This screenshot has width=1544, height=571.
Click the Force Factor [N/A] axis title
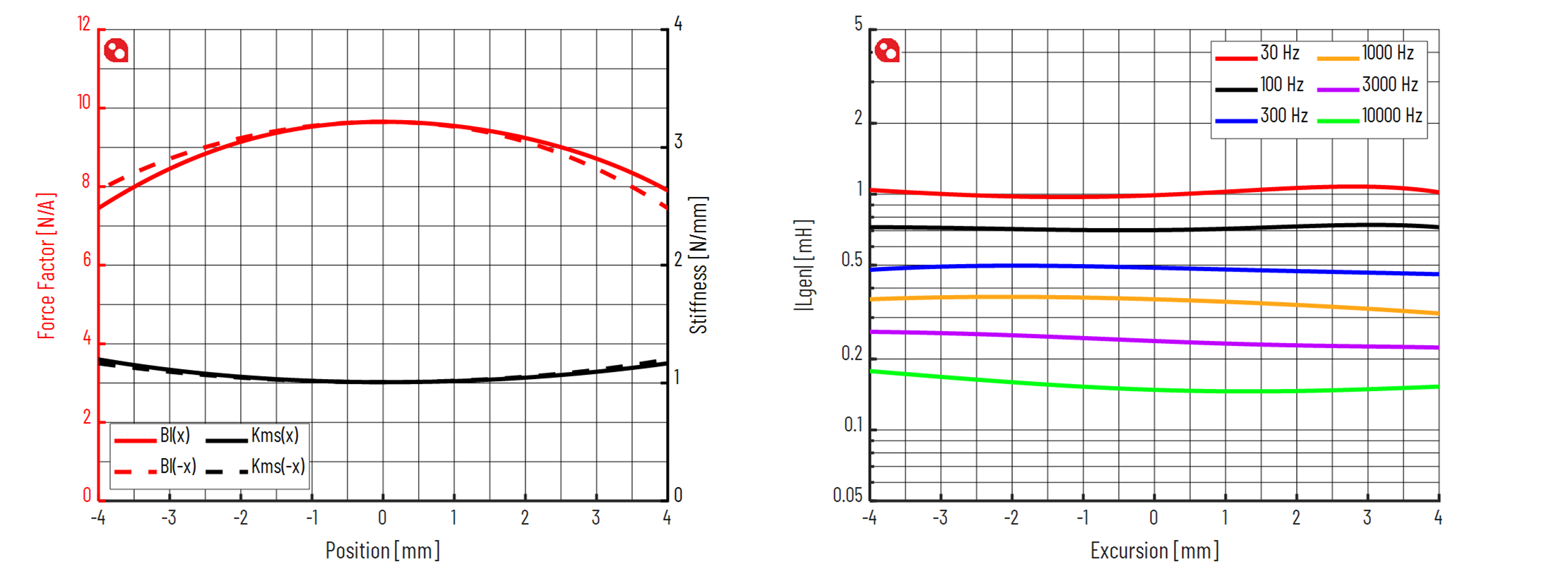click(x=46, y=265)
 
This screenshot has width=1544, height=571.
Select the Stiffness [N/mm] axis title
click(x=698, y=265)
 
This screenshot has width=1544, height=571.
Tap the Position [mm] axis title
click(x=382, y=551)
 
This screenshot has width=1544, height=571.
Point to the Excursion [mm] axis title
click(x=1154, y=551)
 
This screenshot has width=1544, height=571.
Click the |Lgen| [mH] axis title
click(x=804, y=265)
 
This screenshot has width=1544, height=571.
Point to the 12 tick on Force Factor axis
click(x=84, y=25)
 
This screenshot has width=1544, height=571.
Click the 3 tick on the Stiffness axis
click(x=678, y=142)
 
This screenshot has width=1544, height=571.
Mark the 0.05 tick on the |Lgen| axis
click(x=848, y=495)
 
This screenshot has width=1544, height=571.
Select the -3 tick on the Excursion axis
click(x=940, y=518)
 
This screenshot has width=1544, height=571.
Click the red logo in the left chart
click(x=116, y=51)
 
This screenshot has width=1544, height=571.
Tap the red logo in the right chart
click(x=887, y=51)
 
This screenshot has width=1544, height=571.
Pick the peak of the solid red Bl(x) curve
click(x=382, y=121)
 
